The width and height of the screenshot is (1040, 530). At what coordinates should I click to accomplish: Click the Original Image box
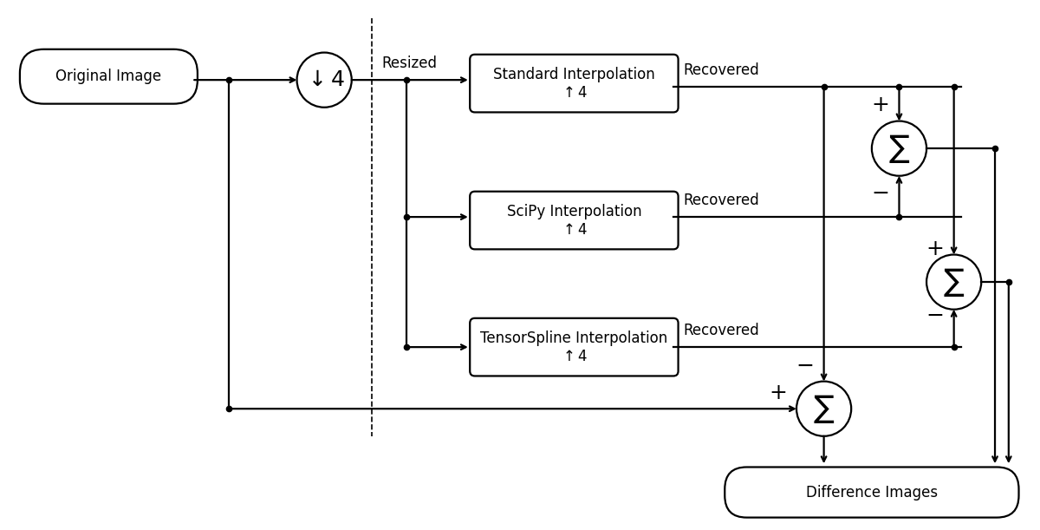coord(108,76)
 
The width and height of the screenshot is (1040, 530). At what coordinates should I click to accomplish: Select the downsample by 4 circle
coord(324,80)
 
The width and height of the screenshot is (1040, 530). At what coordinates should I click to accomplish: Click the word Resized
coord(409,63)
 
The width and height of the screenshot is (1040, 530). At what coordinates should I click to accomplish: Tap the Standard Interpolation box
coord(574,83)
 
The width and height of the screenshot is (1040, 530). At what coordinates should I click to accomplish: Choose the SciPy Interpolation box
coord(574,220)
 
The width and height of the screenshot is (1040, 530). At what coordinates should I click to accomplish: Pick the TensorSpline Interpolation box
coord(574,347)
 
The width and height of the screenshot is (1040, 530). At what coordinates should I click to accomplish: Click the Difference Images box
coord(871,492)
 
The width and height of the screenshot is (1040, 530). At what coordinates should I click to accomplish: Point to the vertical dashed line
coord(372,260)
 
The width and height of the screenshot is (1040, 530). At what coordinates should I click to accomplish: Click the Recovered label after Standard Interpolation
coord(720,70)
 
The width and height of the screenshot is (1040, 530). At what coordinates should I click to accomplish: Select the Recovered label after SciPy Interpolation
coord(720,200)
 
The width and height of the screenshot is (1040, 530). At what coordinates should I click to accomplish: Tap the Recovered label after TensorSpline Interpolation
coord(720,330)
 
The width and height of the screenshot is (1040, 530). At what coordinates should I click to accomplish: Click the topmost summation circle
coord(899,148)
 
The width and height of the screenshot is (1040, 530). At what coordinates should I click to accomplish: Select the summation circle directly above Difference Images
coord(823,409)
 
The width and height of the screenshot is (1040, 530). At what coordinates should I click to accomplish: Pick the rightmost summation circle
coord(953,282)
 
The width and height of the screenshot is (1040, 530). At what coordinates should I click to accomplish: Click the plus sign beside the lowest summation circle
coord(778,393)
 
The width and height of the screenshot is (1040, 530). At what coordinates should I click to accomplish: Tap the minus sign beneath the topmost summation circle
coord(881,193)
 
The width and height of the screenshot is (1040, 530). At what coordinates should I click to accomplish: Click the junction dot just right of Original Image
coord(229,80)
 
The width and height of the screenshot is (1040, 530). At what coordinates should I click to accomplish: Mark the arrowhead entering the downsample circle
coord(292,80)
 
